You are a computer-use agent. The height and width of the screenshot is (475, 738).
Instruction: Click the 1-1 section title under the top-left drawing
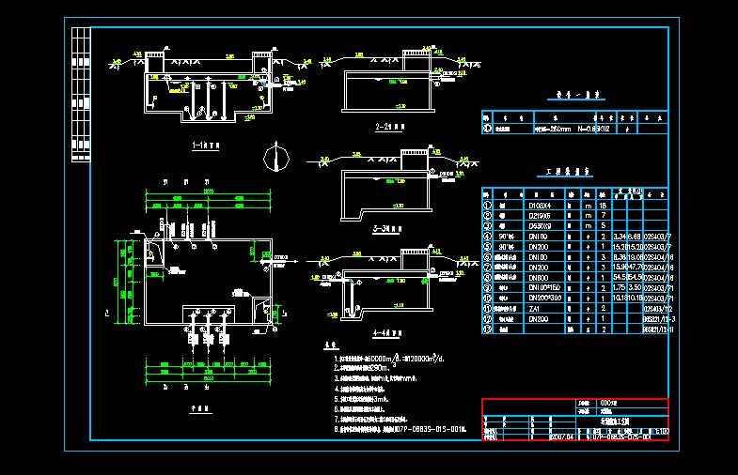(206, 146)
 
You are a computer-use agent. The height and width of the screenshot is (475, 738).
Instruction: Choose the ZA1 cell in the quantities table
(539, 308)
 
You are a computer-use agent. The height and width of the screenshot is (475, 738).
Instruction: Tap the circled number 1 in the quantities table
(487, 205)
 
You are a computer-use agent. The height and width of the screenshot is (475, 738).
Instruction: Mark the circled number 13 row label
(487, 329)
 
